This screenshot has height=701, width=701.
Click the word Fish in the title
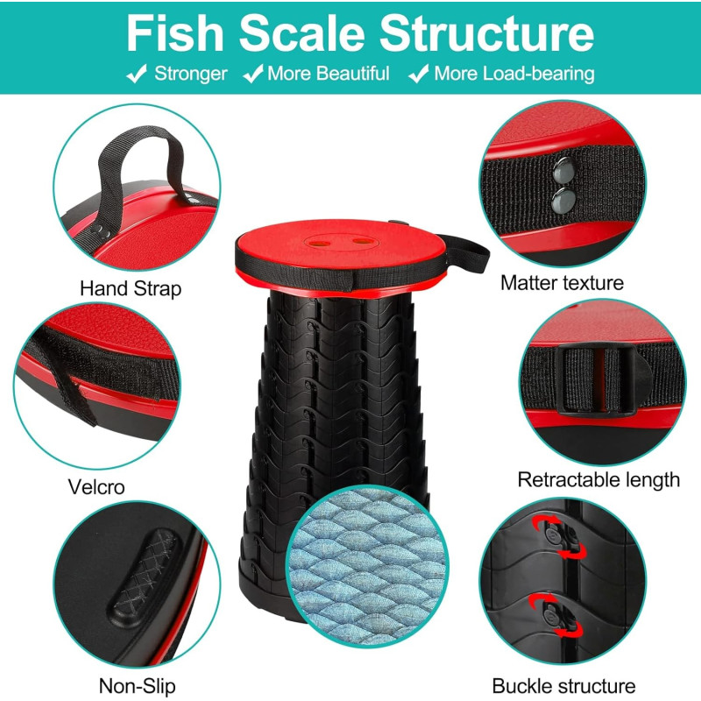click(x=174, y=34)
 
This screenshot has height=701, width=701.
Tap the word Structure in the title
click(x=487, y=34)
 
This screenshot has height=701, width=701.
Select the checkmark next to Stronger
click(x=137, y=74)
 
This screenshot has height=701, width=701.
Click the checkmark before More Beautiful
click(x=253, y=74)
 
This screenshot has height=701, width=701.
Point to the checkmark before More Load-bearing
click(x=419, y=74)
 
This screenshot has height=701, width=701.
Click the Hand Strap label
click(x=131, y=288)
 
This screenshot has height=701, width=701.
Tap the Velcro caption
click(x=96, y=486)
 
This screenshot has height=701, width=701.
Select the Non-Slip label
click(x=138, y=685)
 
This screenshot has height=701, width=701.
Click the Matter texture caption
click(x=562, y=282)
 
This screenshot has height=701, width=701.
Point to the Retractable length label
click(x=598, y=479)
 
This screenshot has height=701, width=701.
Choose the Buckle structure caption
click(x=563, y=685)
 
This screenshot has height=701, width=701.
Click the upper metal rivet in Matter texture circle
click(x=563, y=170)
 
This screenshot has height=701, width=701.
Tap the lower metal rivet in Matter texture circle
click(x=563, y=201)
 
